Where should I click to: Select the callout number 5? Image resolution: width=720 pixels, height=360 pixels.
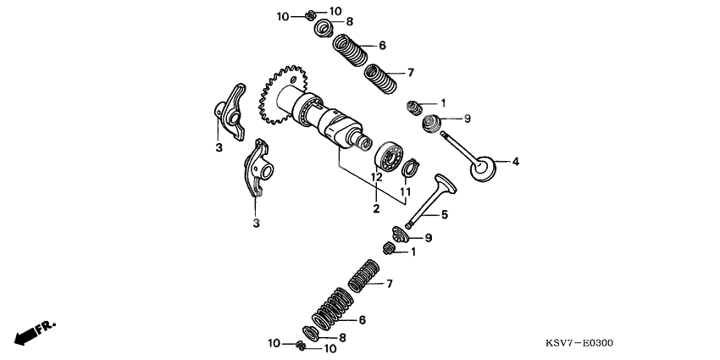pos(444,214)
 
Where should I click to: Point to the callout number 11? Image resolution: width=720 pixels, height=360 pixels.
pos(406,193)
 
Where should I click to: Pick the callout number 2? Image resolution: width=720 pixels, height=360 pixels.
pos(376,208)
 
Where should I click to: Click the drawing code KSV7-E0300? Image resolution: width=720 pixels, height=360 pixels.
pos(579,343)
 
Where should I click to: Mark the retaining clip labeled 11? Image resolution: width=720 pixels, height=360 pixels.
pos(409,169)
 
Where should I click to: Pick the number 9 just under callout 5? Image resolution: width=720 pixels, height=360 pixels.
pos(429,238)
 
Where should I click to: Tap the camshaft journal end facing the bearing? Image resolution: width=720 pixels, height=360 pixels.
pos(365,143)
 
